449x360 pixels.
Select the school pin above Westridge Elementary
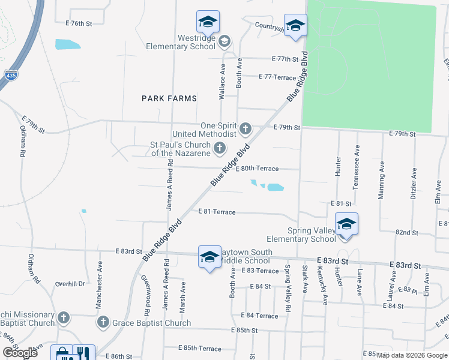208,23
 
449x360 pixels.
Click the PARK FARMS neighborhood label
169,98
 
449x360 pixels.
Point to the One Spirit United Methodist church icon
245,128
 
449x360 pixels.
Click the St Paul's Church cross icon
220,148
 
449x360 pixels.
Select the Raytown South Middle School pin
209,257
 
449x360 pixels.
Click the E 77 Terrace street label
277,77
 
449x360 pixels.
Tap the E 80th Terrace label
257,169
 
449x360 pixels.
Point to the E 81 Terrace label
217,212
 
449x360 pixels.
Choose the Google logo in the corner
20,353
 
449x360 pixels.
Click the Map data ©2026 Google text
411,355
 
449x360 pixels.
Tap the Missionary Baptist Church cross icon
65,317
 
